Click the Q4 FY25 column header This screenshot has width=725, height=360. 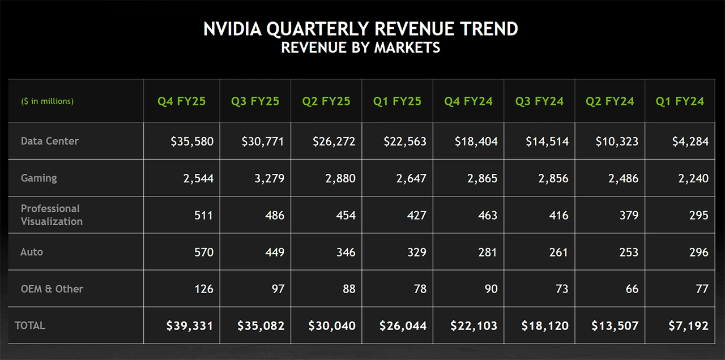pyautogui.click(x=181, y=101)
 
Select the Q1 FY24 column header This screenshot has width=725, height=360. pyautogui.click(x=680, y=101)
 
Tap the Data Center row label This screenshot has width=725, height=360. pyautogui.click(x=50, y=141)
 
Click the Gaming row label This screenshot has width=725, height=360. pyautogui.click(x=39, y=178)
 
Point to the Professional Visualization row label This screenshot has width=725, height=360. pyautogui.click(x=52, y=215)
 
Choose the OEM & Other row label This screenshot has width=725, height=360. pyautogui.click(x=52, y=289)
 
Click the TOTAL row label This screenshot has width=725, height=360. pyautogui.click(x=30, y=325)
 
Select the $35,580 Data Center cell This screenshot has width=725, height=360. pyautogui.click(x=192, y=142)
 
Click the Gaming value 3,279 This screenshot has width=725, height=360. pyautogui.click(x=266, y=178)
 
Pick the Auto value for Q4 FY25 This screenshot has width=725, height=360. pyautogui.click(x=203, y=252)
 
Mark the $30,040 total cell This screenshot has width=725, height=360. pyautogui.click(x=332, y=326)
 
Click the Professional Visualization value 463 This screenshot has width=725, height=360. pyautogui.click(x=487, y=215)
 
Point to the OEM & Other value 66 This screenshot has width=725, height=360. pyautogui.click(x=632, y=289)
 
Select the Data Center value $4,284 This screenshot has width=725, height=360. pyautogui.click(x=690, y=142)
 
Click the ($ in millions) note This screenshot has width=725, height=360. pyautogui.click(x=48, y=101)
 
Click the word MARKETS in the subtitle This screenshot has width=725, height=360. pyautogui.click(x=407, y=48)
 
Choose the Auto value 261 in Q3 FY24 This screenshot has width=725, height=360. pyautogui.click(x=558, y=252)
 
